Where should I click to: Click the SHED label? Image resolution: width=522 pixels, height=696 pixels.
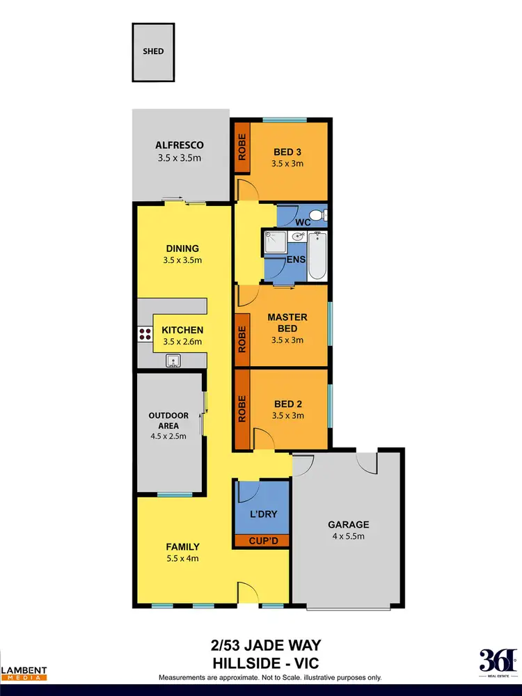pyautogui.click(x=153, y=51)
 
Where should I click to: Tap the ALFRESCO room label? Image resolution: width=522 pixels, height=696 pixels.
pyautogui.click(x=179, y=145)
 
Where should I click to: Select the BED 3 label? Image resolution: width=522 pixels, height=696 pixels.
pyautogui.click(x=287, y=152)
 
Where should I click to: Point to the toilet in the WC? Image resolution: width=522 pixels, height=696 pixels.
pyautogui.click(x=317, y=216)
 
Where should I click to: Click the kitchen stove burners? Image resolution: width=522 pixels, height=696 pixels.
pyautogui.click(x=145, y=333)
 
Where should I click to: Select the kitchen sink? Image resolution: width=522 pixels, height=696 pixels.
pyautogui.click(x=172, y=360)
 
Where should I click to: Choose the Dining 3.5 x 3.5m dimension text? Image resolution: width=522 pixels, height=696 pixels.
pyautogui.click(x=182, y=261)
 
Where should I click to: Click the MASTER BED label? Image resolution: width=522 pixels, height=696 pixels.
pyautogui.click(x=287, y=322)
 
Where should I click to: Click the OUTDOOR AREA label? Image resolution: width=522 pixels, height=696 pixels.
pyautogui.click(x=168, y=420)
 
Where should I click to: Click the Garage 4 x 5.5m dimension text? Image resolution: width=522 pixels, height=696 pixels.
pyautogui.click(x=349, y=537)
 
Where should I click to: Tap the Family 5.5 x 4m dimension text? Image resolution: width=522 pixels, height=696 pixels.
pyautogui.click(x=182, y=559)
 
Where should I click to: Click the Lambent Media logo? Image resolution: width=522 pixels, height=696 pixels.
pyautogui.click(x=24, y=672)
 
